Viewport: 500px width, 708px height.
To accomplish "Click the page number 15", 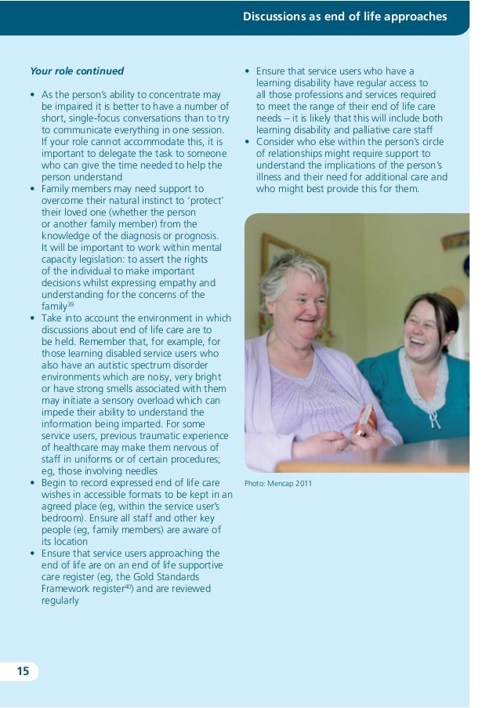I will click(23, 671).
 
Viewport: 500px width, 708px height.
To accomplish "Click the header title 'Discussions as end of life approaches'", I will click(345, 16).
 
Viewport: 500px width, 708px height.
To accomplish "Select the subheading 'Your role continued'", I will click(77, 71).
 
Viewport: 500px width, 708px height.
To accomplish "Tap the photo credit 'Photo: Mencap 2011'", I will click(278, 483).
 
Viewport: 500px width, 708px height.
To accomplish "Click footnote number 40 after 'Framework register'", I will click(127, 586).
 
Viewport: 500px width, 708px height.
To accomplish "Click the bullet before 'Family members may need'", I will click(32, 189).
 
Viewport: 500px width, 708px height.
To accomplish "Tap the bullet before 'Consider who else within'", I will click(247, 142).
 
